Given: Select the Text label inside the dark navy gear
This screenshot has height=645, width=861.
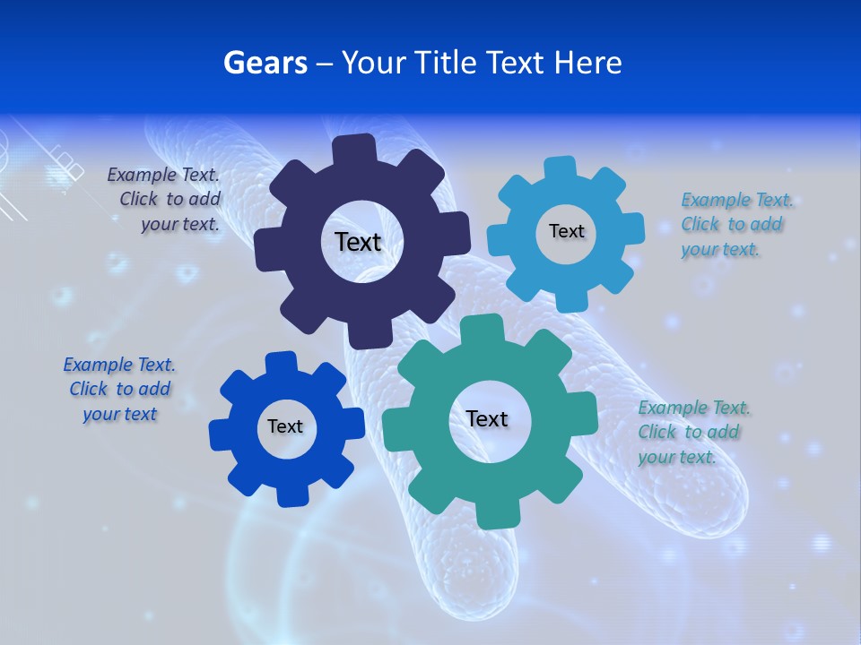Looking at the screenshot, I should pyautogui.click(x=358, y=242).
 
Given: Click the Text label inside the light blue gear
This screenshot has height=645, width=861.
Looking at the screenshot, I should pyautogui.click(x=566, y=231).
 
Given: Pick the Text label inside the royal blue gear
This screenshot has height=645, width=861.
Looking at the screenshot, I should pyautogui.click(x=284, y=426).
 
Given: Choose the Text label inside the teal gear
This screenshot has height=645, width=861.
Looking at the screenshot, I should pyautogui.click(x=487, y=418).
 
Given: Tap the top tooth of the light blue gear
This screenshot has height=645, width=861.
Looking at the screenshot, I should pyautogui.click(x=560, y=168).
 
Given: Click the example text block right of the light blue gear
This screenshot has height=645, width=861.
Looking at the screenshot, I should pyautogui.click(x=735, y=224).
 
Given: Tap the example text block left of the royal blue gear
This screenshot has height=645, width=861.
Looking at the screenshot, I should pyautogui.click(x=119, y=389).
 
